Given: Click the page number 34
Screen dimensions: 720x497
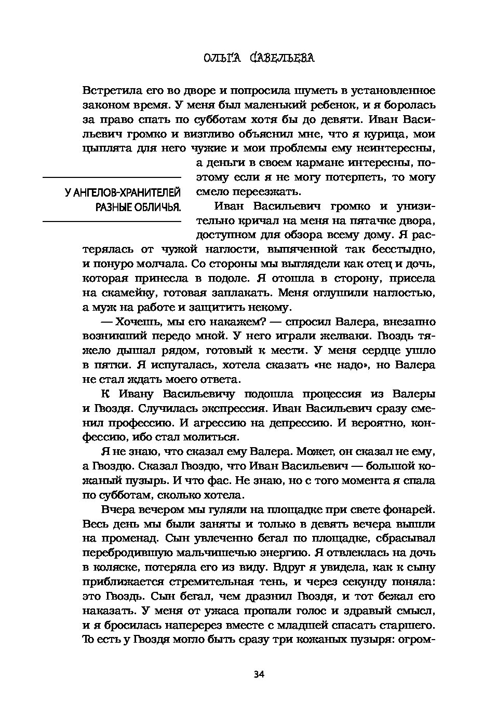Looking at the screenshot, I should tap(259, 674).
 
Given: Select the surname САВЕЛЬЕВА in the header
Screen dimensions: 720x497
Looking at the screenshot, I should tap(282, 58).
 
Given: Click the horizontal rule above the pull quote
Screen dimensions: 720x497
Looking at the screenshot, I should tap(111, 177).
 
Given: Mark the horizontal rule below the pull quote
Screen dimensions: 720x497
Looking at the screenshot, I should tap(111, 221).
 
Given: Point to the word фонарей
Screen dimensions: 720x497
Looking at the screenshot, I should tap(408, 509).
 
